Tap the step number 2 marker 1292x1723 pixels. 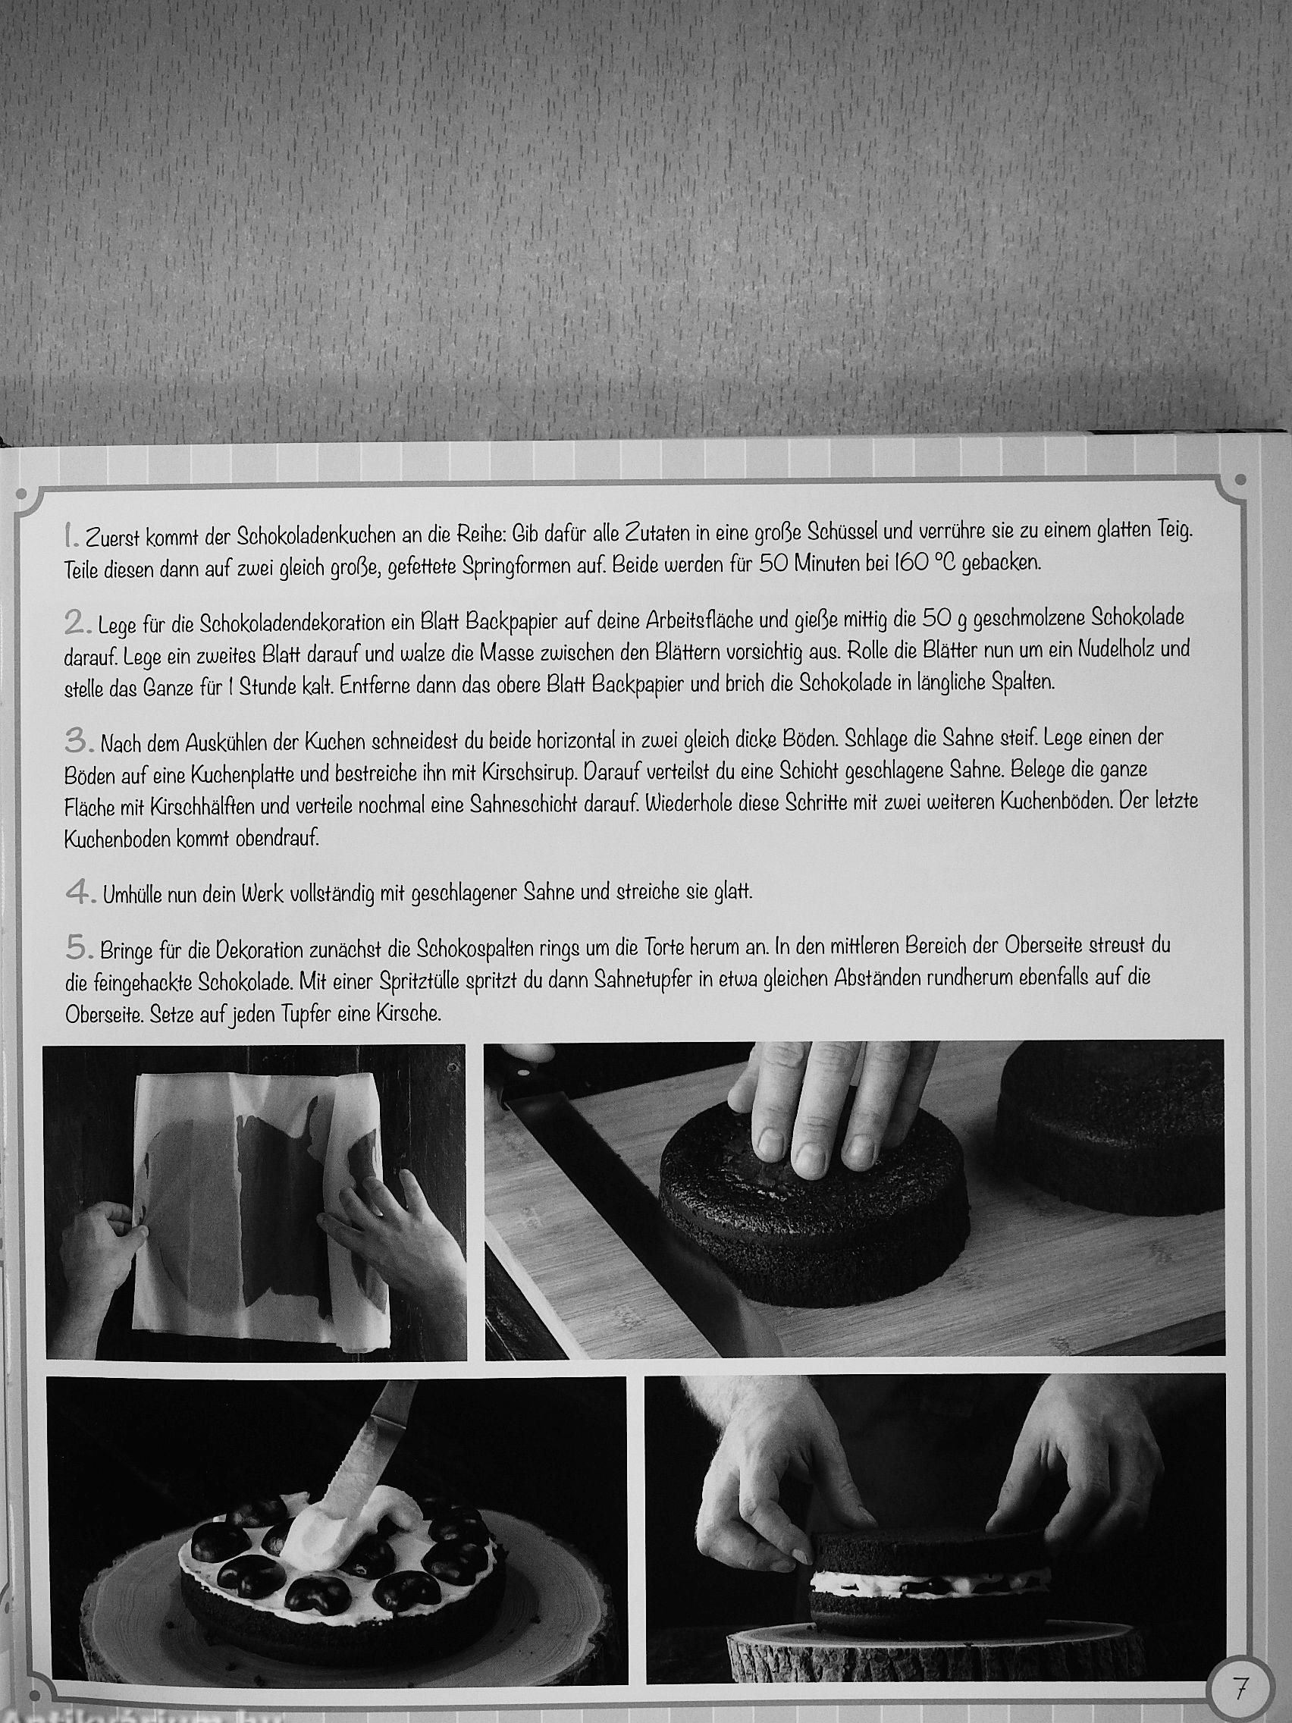tap(77, 623)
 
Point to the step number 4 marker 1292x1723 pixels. tap(80, 893)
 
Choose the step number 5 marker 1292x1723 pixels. tap(78, 948)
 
